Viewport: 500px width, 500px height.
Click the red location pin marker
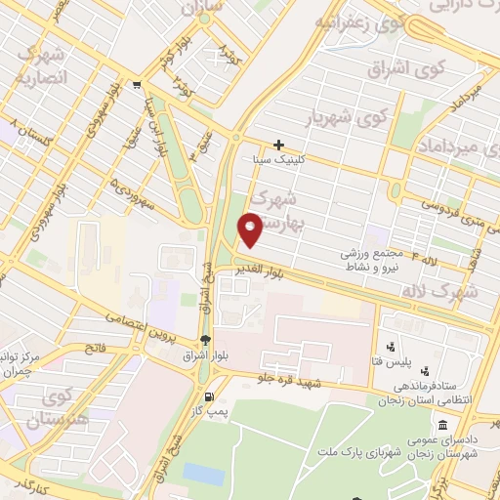(x=251, y=229)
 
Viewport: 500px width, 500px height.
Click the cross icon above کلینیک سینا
(x=278, y=145)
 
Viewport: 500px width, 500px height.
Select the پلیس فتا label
(x=419, y=362)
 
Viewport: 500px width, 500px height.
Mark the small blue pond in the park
(x=203, y=473)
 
